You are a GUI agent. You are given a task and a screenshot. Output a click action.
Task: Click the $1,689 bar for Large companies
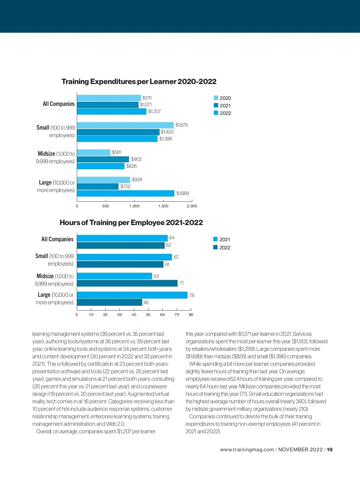[125, 193]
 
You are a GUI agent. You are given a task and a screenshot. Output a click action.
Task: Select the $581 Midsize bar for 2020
[94, 152]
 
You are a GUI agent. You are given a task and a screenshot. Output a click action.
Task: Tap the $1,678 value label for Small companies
[181, 125]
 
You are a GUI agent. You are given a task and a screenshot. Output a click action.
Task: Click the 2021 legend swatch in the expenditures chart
[216, 105]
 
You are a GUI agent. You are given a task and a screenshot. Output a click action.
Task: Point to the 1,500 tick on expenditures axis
[163, 206]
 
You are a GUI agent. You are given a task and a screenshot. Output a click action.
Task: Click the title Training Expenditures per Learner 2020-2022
[139, 82]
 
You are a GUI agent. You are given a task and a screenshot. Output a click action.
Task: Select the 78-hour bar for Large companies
[132, 295]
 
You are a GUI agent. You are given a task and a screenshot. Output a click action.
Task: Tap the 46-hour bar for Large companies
[109, 302]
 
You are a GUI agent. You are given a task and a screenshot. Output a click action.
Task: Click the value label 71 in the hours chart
[181, 283]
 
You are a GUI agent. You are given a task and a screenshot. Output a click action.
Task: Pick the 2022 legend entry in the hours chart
[222, 248]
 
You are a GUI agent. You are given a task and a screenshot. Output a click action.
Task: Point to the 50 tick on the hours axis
[148, 314]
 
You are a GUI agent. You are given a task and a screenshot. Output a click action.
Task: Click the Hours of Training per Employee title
[131, 223]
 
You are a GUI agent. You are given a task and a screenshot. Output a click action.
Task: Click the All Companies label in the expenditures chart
[58, 104]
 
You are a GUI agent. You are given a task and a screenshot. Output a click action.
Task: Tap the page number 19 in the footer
[330, 449]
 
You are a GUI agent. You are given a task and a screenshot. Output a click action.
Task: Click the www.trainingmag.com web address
[247, 449]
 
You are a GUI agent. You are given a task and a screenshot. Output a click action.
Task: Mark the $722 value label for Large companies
[125, 186]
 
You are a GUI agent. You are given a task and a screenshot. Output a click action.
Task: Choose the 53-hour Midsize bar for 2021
[114, 276]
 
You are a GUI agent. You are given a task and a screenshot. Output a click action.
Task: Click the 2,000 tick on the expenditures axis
[192, 206]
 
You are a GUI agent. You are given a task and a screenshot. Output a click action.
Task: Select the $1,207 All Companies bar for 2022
[112, 111]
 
